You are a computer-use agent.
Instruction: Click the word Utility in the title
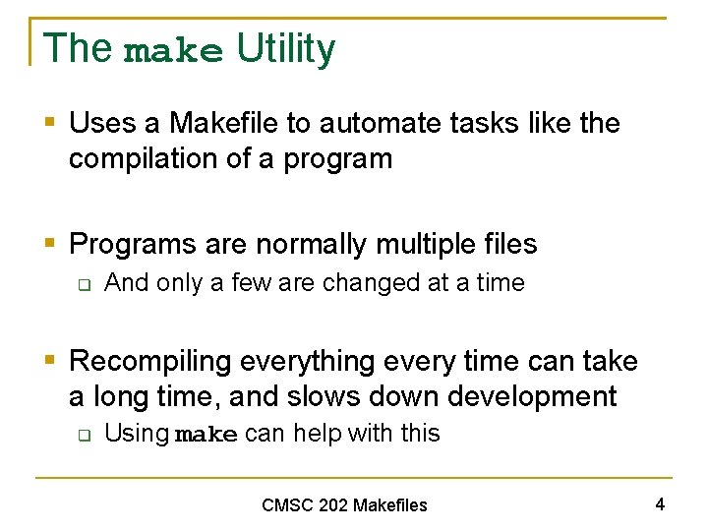(x=285, y=48)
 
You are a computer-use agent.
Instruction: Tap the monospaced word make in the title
(x=174, y=51)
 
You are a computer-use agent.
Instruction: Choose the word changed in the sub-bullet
(x=371, y=283)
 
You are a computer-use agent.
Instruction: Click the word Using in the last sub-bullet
(x=136, y=433)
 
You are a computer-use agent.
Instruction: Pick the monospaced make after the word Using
(x=206, y=435)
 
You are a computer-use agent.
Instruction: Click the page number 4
(x=660, y=504)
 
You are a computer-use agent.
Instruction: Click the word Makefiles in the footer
(x=389, y=505)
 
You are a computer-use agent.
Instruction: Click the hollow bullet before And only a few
(x=85, y=284)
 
